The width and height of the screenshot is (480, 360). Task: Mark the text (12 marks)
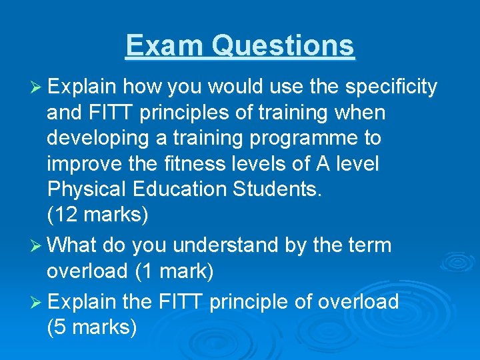(98, 215)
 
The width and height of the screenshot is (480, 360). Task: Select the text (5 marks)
(92, 327)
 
